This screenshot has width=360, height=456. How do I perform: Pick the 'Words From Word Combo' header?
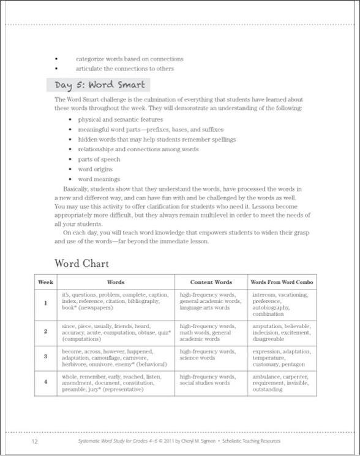coord(283,282)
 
